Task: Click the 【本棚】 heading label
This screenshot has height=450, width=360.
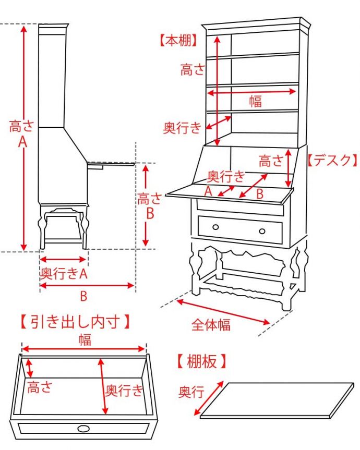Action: point(178,41)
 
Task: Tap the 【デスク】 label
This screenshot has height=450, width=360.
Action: point(332,160)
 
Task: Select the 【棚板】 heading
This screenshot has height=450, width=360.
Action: point(201,361)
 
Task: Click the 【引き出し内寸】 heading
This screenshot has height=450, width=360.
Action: point(75,322)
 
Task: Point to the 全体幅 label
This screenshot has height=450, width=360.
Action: point(211,325)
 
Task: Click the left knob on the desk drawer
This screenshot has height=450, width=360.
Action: point(215,227)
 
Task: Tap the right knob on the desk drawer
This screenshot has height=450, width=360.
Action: point(262,231)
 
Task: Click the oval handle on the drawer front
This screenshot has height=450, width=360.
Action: point(83,429)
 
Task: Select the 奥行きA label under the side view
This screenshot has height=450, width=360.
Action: point(64,274)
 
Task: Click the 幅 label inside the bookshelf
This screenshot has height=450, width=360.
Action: point(255,101)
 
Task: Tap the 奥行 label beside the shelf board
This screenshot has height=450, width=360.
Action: point(191,392)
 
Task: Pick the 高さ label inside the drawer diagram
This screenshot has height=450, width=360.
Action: point(40,387)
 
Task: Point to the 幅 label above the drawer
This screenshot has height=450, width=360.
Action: point(85,339)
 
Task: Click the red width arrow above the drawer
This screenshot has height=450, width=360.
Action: point(84,349)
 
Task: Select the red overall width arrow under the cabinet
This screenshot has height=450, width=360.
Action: point(223,312)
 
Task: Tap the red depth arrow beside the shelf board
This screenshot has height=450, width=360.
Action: point(209,398)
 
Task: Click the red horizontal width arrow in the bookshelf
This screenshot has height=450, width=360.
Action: point(251,92)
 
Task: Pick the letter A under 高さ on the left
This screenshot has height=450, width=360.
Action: point(22,141)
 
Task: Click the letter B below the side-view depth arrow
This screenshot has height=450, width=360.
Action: point(83,296)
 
